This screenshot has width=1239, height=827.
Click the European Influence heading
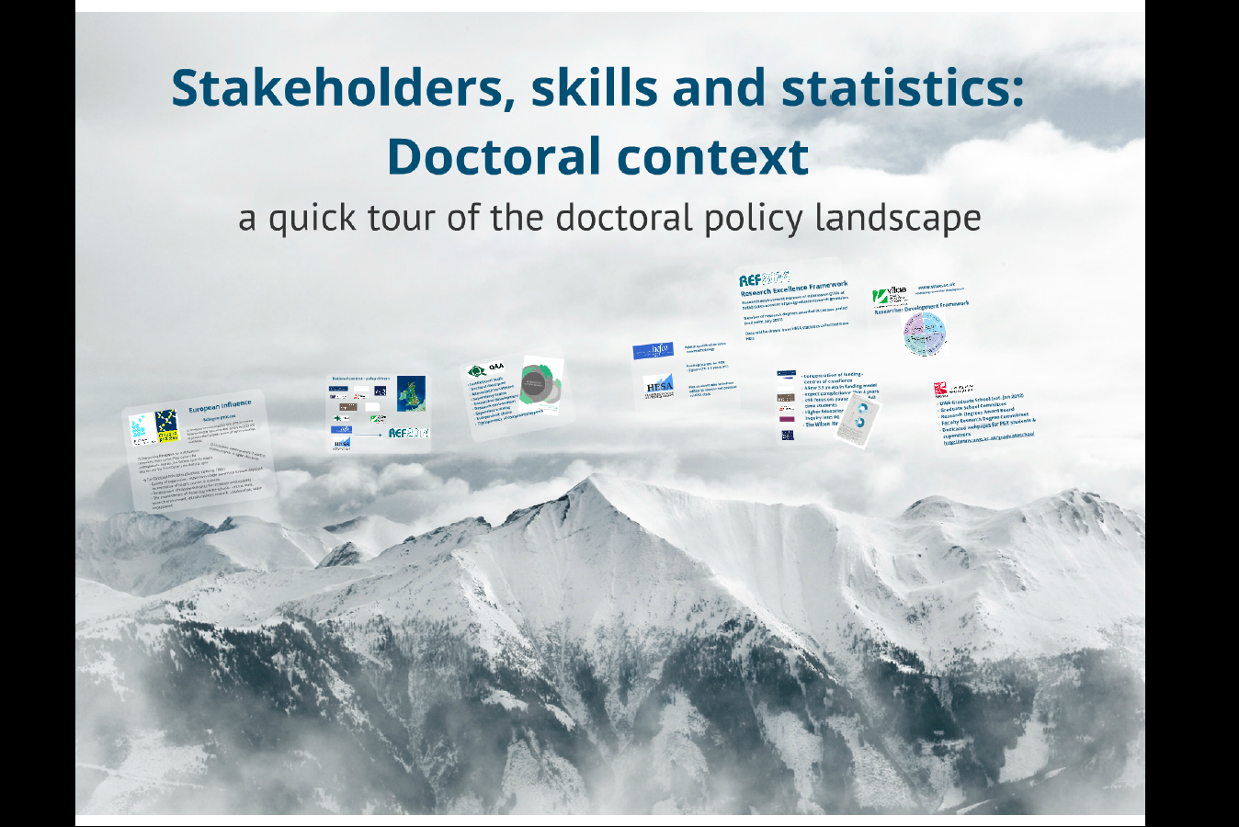coord(220,405)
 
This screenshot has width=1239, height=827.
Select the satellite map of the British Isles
coord(411,393)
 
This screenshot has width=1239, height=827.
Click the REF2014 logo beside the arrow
coord(408,433)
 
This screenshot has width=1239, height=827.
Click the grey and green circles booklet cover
coord(540,384)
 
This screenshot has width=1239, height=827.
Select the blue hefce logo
coord(653,350)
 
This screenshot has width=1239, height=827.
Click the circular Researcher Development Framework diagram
coord(925,334)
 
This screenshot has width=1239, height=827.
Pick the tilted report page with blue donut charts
coord(856,422)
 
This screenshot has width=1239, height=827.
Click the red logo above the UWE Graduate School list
coord(940,390)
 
